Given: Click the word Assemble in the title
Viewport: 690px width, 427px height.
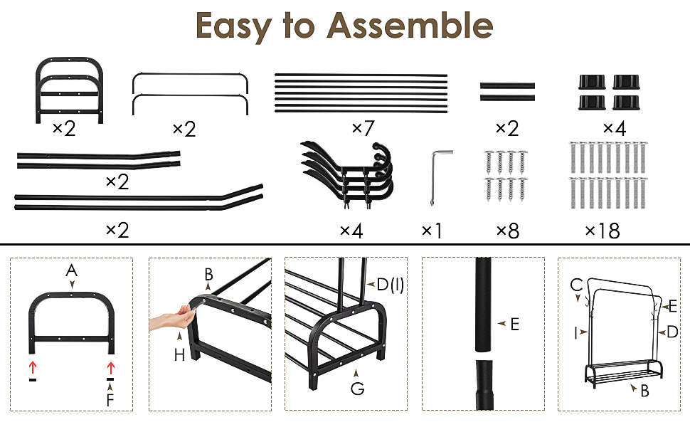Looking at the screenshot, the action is [410, 26].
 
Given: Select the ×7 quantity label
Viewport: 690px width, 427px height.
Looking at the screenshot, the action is [363, 128].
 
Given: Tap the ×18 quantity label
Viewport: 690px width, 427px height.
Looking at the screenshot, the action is [603, 231].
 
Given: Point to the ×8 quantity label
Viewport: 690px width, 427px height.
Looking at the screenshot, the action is [508, 231].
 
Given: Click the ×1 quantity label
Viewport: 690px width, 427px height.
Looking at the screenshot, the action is [432, 231].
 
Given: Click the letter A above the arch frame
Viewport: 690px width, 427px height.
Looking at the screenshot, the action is [71, 270].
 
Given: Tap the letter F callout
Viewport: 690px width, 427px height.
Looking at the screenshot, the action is [110, 400].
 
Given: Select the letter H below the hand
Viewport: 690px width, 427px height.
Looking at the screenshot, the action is [179, 355].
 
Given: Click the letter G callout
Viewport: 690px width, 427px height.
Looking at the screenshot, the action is [357, 389].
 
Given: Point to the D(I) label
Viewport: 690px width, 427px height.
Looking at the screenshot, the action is [391, 285].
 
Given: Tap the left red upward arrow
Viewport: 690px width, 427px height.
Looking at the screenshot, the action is [33, 367].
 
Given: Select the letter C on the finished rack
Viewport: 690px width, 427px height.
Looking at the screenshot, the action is [576, 285].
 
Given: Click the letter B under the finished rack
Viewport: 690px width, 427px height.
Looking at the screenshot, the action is [644, 391].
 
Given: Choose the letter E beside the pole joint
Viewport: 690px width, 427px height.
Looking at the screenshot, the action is [515, 325].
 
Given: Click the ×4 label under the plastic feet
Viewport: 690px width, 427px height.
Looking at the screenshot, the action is [615, 128].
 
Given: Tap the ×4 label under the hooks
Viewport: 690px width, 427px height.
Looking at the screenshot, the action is [351, 231].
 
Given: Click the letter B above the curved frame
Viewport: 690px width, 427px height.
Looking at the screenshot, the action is [208, 275].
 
